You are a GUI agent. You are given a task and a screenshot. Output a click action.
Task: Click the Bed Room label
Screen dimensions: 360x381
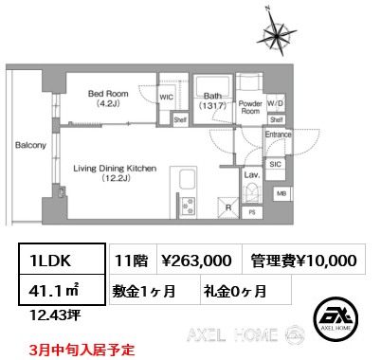click(x=107, y=99)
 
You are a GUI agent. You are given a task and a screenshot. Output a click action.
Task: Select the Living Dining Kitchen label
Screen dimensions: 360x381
click(x=115, y=171)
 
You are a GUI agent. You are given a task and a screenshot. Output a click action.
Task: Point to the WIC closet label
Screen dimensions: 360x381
click(x=166, y=97)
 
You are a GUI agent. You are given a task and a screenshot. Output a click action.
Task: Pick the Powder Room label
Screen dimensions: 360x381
click(x=250, y=106)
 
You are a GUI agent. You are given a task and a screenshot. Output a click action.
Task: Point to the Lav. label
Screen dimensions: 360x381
click(x=252, y=175)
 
